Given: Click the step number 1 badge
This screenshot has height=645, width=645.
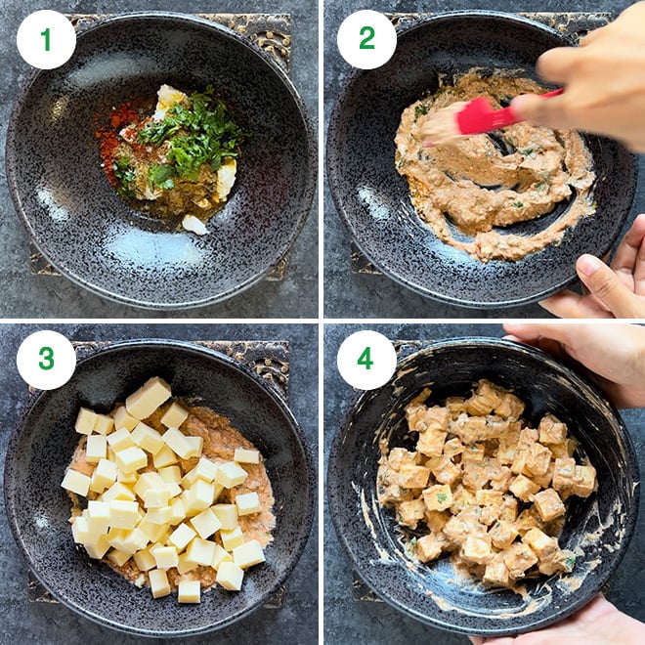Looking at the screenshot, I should tap(46, 39).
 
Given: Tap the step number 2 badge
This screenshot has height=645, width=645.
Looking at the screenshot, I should tap(366, 39).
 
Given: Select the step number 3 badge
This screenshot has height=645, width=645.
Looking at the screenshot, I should tap(46, 360).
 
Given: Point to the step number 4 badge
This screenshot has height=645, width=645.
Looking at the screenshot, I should tap(366, 360).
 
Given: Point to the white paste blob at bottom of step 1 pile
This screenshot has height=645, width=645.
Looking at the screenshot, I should tap(195, 225).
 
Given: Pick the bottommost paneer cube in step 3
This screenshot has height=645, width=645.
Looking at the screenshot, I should tap(189, 590).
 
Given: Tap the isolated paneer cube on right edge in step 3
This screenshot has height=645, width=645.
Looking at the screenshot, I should tap(246, 456).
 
